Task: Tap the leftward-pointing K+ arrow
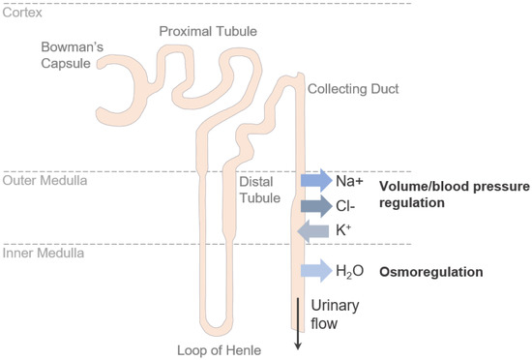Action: coord(316,230)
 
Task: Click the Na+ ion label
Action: coord(349,180)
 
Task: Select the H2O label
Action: coord(350,272)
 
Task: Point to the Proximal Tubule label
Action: coord(209,31)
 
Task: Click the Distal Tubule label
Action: coord(258,189)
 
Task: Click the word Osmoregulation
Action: coord(431,272)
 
